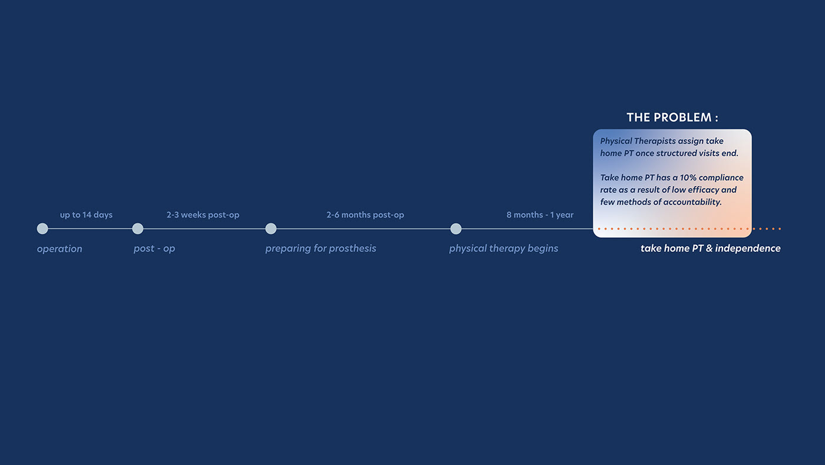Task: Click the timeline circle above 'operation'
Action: pos(42,228)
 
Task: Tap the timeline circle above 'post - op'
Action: pos(138,228)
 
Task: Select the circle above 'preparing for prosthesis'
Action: pos(271,228)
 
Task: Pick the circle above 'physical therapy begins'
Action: pos(456,228)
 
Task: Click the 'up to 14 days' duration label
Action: pos(86,215)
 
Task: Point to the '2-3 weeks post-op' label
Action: pos(203,215)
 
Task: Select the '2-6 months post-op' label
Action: pos(365,215)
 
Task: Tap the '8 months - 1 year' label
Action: pos(540,215)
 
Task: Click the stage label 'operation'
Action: pos(60,249)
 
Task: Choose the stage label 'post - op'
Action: pos(154,248)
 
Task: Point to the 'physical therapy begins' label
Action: pos(503,248)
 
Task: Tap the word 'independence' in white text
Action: pos(748,248)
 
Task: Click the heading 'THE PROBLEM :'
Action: pos(672,117)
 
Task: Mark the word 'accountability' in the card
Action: pos(692,202)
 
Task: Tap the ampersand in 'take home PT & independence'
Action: pos(709,248)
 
